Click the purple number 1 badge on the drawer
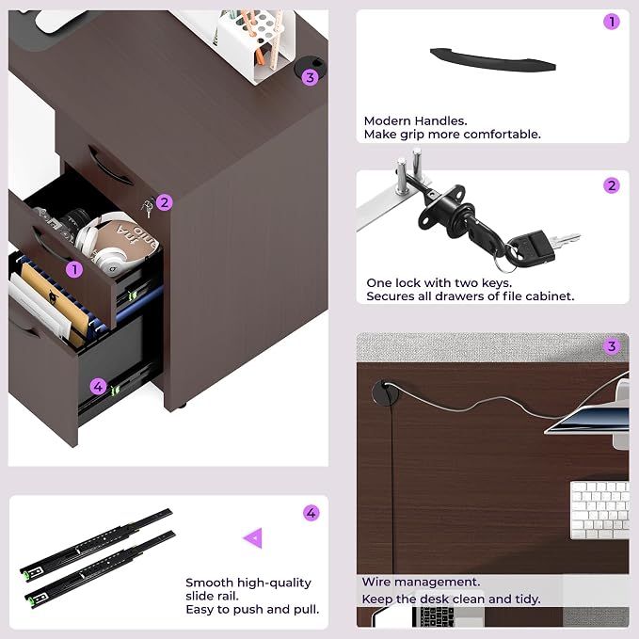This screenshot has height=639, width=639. (x=74, y=269)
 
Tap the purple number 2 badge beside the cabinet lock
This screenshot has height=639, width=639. (x=165, y=202)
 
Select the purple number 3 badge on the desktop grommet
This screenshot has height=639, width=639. (x=311, y=77)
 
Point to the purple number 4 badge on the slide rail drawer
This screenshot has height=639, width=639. (x=98, y=386)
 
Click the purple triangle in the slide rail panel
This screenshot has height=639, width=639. (x=254, y=538)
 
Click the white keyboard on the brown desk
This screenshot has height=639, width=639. (x=599, y=510)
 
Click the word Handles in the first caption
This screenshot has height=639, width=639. (x=440, y=121)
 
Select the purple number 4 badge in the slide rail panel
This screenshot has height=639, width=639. (x=311, y=513)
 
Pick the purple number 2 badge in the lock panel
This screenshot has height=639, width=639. (x=612, y=185)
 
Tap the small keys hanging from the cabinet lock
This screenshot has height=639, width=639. (x=148, y=208)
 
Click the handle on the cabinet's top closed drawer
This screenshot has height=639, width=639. (x=109, y=166)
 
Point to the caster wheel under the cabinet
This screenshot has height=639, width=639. (x=183, y=407)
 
